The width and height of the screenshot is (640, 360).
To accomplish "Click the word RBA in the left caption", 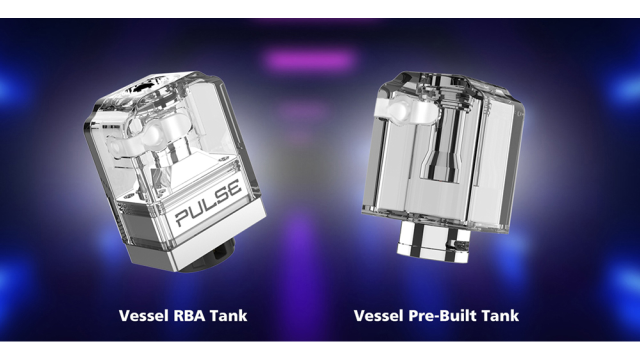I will [189, 316].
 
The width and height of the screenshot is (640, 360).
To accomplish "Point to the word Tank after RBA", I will [228, 316].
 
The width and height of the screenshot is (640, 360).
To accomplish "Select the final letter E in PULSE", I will [234, 189].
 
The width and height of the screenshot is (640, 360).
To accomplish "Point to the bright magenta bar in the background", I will [309, 60].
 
